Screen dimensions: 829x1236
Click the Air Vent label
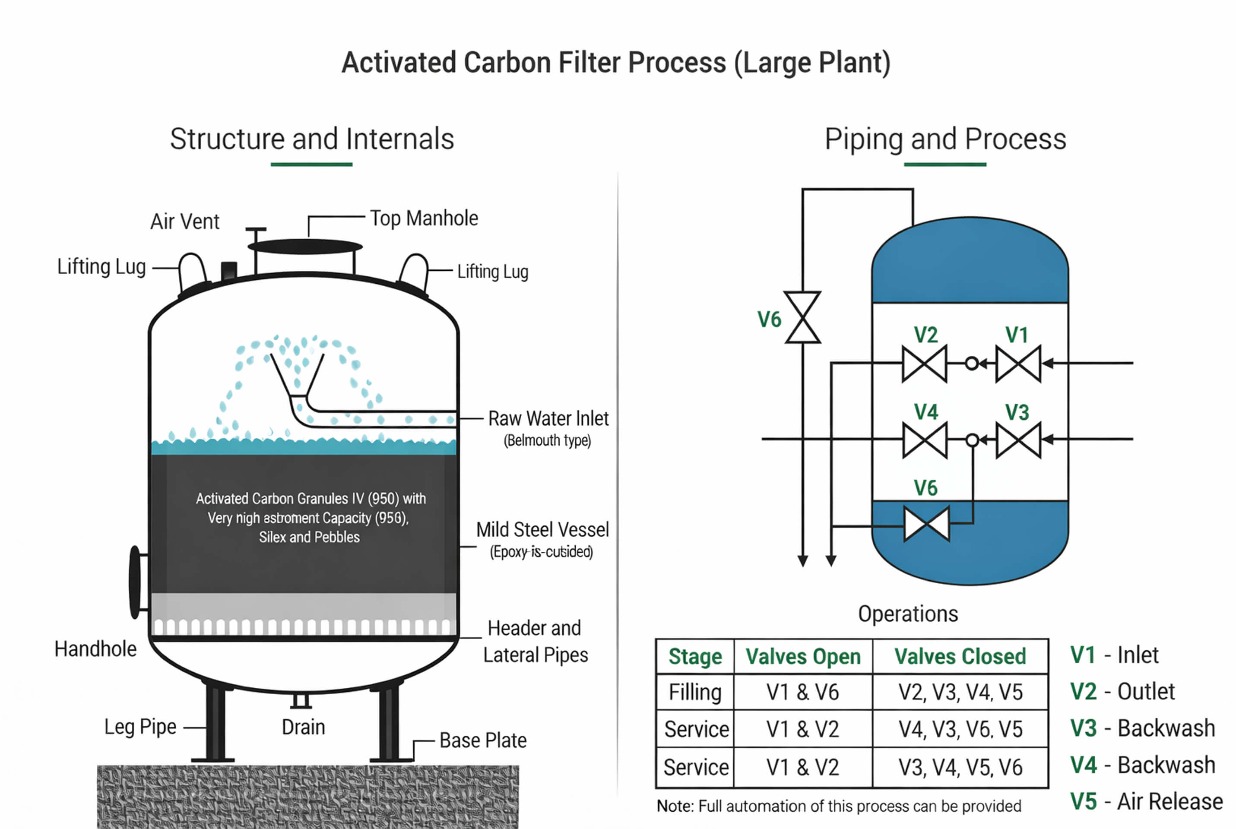pos(184,221)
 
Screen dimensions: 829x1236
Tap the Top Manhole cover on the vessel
pos(305,247)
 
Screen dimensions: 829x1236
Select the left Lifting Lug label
pos(101,266)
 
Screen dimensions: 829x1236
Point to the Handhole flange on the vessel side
pos(135,582)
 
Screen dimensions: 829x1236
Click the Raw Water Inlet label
pos(548,418)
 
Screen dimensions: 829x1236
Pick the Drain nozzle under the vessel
pos(301,701)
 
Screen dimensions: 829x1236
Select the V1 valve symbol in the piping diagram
pos(1017,363)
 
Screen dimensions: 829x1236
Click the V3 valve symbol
pos(1017,440)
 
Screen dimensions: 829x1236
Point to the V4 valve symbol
pos(925,440)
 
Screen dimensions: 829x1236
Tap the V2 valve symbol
pos(925,363)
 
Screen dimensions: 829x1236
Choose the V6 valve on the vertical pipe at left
pos(802,317)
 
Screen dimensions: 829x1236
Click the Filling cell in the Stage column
pos(694,692)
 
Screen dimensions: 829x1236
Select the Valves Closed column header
pos(960,656)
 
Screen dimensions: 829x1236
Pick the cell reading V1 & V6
pos(802,692)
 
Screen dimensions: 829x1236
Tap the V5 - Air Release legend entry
pos(1146,801)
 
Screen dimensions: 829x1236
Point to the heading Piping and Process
pos(945,139)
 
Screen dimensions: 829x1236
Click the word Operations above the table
pos(908,614)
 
